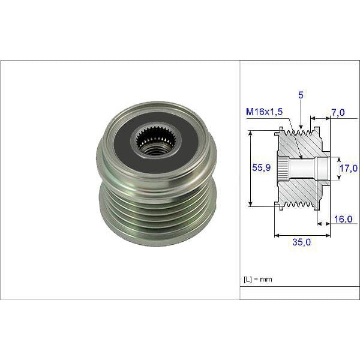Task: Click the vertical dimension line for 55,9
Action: pyautogui.click(x=250, y=170)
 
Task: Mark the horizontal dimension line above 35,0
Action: pyautogui.click(x=302, y=235)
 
